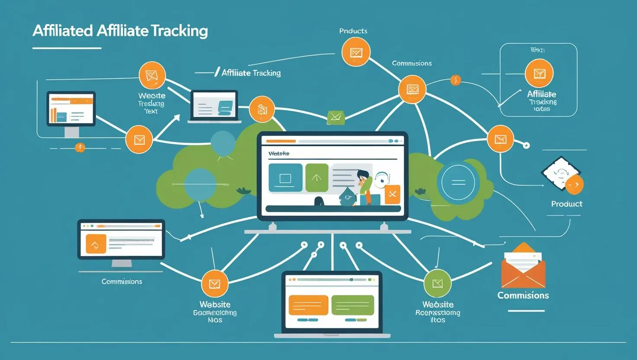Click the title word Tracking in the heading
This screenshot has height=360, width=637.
point(180,31)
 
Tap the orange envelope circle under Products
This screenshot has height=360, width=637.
point(356,52)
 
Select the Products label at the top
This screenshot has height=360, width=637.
point(353,31)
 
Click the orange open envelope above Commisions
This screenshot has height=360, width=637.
point(523,266)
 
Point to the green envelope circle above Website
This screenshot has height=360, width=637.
point(438,283)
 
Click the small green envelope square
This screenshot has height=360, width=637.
point(336,116)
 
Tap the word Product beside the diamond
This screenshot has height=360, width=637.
point(566,204)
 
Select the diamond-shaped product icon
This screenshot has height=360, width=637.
point(561,174)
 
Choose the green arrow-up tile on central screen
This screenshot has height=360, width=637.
point(317,177)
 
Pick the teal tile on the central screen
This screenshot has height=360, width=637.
point(285,177)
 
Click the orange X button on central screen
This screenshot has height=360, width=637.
point(392,194)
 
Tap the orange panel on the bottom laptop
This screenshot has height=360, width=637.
point(308,305)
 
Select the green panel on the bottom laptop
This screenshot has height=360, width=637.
point(352,305)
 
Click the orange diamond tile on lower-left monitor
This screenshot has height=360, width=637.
point(96,244)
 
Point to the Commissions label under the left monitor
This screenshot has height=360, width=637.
point(122,282)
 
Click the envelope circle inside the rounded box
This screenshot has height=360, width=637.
point(539,74)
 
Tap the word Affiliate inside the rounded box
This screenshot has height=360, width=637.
point(541,94)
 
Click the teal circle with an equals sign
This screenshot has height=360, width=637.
point(458,182)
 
